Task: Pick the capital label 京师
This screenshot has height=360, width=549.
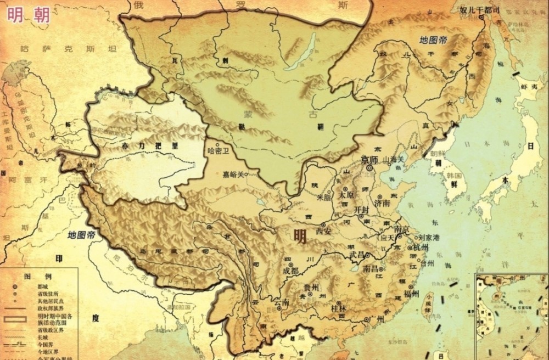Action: pyautogui.click(x=369, y=160)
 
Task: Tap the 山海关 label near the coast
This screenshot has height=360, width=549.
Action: pyautogui.click(x=394, y=159)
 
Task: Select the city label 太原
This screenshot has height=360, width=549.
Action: pyautogui.click(x=346, y=195)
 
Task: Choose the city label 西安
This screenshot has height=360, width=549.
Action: pyautogui.click(x=324, y=232)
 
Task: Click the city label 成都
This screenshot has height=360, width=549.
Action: pyautogui.click(x=290, y=271)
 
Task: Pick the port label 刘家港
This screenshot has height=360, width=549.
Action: pyautogui.click(x=429, y=238)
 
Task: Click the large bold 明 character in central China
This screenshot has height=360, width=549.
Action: pyautogui.click(x=300, y=236)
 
